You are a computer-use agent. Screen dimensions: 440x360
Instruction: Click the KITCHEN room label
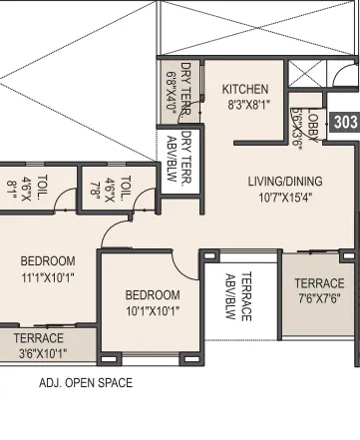[245, 89]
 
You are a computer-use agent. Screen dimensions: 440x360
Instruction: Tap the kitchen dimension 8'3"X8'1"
[245, 104]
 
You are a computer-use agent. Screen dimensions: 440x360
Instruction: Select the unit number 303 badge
[346, 123]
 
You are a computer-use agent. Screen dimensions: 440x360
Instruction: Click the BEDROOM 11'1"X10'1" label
[48, 269]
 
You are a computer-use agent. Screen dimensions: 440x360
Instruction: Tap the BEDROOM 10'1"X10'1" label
[152, 302]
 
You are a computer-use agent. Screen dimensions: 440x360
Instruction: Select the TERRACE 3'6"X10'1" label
[39, 345]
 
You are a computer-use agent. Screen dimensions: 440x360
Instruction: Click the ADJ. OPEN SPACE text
[85, 383]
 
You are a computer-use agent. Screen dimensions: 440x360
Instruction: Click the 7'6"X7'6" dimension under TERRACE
[319, 298]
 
